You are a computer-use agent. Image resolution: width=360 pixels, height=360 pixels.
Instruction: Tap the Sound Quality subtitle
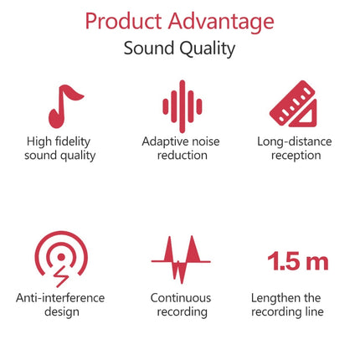(x=179, y=48)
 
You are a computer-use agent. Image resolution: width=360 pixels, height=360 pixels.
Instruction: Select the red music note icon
(x=64, y=105)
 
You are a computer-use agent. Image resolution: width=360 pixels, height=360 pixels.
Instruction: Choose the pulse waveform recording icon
(x=181, y=258)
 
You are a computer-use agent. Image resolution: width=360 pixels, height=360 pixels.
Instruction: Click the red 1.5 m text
(x=297, y=261)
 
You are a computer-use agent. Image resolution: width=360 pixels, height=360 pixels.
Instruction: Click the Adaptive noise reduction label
(x=181, y=148)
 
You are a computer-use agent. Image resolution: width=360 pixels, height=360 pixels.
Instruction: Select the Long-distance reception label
(x=296, y=148)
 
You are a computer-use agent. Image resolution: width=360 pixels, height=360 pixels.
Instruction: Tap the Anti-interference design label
(x=59, y=305)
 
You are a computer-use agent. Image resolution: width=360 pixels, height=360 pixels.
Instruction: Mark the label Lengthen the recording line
(x=287, y=305)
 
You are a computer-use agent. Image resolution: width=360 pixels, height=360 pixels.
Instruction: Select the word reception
(x=296, y=156)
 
